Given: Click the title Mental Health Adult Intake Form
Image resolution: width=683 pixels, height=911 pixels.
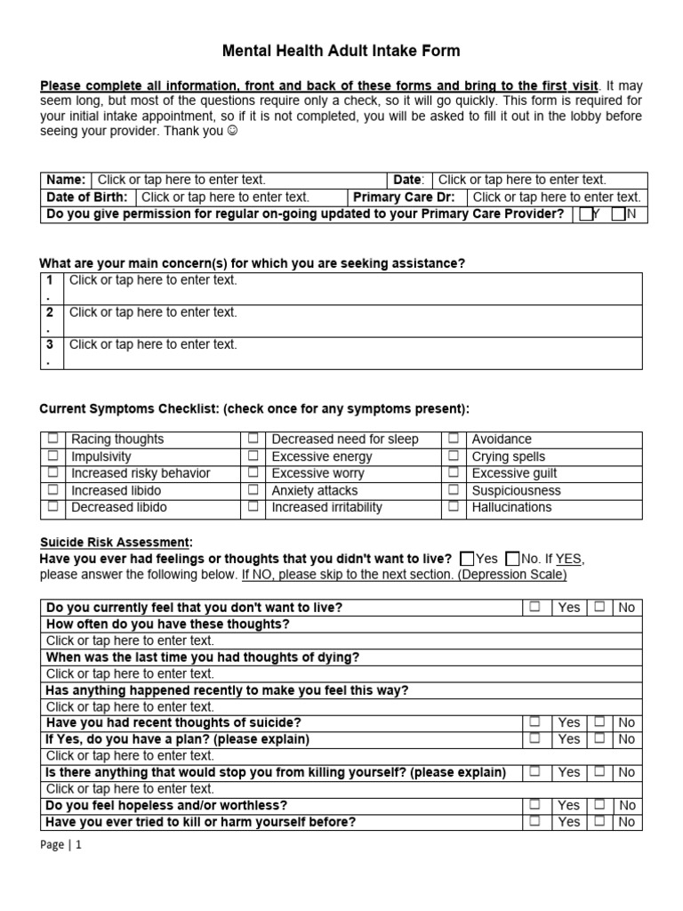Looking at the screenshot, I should tap(341, 51).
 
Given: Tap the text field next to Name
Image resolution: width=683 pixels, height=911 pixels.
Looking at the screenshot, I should tap(181, 180).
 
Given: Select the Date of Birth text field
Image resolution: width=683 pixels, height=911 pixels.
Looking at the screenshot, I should tap(225, 198).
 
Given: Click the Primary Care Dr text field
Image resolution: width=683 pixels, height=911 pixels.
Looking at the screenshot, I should tap(556, 198).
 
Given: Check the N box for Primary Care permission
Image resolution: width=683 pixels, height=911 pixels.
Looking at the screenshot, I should tap(618, 214).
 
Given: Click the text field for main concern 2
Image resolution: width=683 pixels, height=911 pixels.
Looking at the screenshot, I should tap(153, 313).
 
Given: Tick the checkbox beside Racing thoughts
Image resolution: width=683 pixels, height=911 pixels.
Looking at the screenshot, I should tap(53, 439).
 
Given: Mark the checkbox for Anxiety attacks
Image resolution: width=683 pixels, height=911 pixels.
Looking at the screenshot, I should tap(253, 489).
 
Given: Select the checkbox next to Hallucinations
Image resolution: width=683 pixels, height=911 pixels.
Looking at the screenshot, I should tap(454, 506).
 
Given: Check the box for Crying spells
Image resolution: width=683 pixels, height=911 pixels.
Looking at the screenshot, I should tap(454, 455).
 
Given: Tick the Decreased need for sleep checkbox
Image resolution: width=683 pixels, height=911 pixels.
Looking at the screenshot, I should tap(253, 439).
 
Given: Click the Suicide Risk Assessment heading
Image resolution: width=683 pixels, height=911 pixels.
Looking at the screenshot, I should tap(116, 543).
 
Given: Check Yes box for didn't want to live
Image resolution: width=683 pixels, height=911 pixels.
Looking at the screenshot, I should tap(466, 559).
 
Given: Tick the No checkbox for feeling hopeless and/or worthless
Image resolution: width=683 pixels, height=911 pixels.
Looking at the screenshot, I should tap(600, 804).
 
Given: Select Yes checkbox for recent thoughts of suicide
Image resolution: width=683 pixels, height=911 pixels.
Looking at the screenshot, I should tap(534, 722).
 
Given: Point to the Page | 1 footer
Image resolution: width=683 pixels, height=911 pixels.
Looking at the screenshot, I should tap(60, 846).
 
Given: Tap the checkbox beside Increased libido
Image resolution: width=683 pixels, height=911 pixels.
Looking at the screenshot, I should tap(53, 489).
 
